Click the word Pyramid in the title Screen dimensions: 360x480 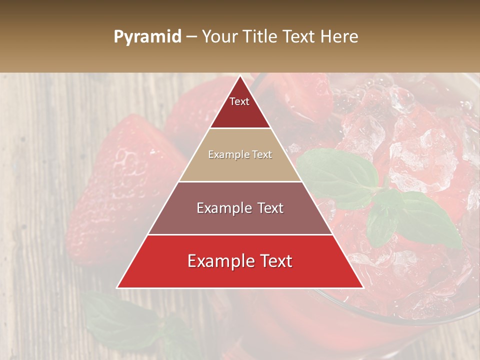147,37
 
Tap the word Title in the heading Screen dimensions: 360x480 259,36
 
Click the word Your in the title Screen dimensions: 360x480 218,36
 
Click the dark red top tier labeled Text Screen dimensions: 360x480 240,107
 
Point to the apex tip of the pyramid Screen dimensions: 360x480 240,76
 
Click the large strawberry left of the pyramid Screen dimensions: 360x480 120,185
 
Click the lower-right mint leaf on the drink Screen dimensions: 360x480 425,220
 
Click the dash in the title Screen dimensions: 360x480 191,37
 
